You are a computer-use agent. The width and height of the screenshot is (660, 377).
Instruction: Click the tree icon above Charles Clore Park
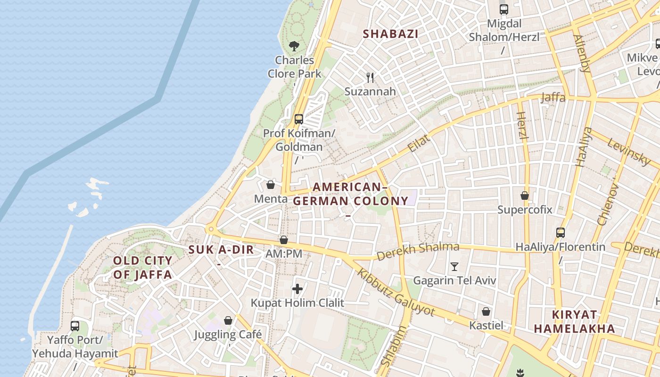pyautogui.click(x=294, y=46)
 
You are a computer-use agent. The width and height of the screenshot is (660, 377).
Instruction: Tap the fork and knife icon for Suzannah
pyautogui.click(x=371, y=78)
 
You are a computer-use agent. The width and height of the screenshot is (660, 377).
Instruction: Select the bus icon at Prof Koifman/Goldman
pyautogui.click(x=298, y=119)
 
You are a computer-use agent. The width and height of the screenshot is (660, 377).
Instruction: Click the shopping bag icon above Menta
pyautogui.click(x=271, y=185)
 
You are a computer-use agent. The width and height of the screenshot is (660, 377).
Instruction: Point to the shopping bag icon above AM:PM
pyautogui.click(x=284, y=240)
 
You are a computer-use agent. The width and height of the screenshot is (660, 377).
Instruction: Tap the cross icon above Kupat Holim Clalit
pyautogui.click(x=297, y=288)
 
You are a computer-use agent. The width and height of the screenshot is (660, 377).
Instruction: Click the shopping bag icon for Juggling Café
pyautogui.click(x=228, y=320)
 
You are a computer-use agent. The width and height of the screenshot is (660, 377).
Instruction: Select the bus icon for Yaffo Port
pyautogui.click(x=75, y=326)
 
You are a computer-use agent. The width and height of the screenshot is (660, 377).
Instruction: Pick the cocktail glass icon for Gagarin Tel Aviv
pyautogui.click(x=454, y=267)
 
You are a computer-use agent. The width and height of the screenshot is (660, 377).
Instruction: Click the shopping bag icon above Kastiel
pyautogui.click(x=486, y=311)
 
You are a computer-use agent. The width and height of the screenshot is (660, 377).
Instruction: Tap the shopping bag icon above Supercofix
pyautogui.click(x=525, y=195)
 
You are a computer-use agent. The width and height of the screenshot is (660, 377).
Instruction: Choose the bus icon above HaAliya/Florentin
pyautogui.click(x=560, y=232)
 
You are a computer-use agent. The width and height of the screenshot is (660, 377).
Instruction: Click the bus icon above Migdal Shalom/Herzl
pyautogui.click(x=504, y=9)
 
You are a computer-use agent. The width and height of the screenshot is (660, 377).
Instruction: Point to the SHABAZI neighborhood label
pyautogui.click(x=391, y=34)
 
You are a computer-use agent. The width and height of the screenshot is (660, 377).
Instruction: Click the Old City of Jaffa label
pyautogui.click(x=142, y=268)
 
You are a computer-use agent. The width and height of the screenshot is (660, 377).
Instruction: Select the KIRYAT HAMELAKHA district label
pyautogui.click(x=575, y=321)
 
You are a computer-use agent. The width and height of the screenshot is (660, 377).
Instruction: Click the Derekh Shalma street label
pyautogui.click(x=418, y=251)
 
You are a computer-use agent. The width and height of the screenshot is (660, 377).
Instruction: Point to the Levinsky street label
pyautogui.click(x=629, y=151)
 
